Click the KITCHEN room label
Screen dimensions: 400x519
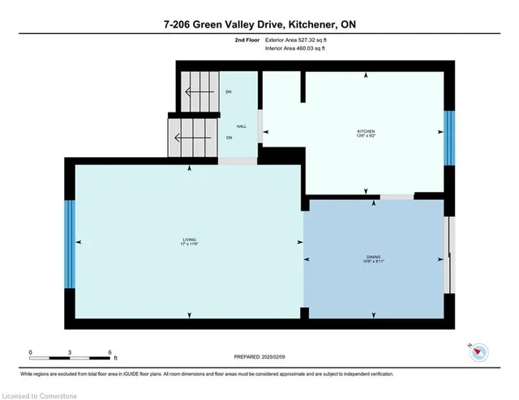367,130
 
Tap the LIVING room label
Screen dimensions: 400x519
189,240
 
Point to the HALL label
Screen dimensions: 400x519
241,126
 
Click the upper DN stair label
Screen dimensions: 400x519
229,91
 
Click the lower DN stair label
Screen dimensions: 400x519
229,138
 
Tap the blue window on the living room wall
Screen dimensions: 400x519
70,242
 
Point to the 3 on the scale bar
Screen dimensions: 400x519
70,352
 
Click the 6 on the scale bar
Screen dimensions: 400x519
109,352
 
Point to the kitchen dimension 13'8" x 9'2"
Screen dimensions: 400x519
367,135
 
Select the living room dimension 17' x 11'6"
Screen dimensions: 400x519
189,245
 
